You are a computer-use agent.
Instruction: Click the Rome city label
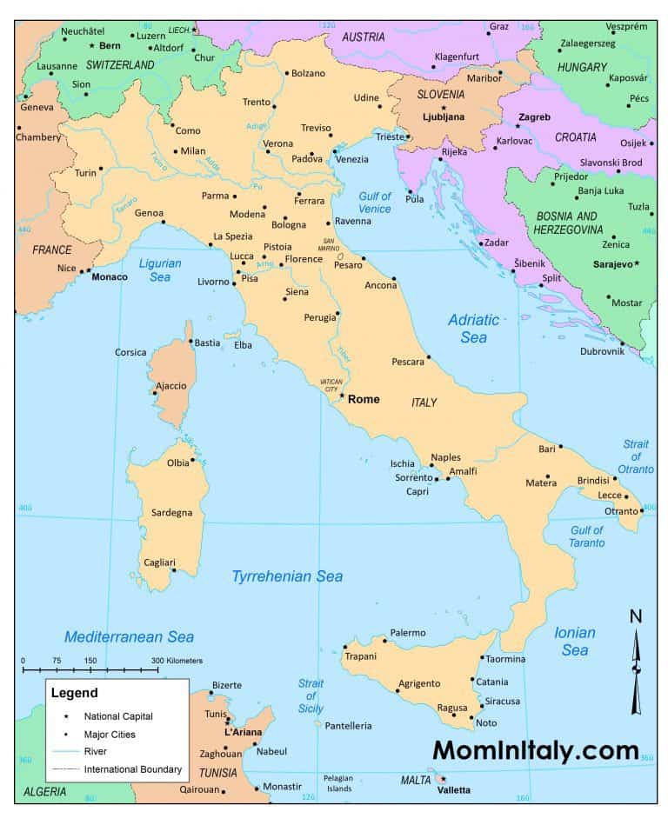pos(364,399)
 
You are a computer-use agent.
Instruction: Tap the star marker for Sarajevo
pos(637,263)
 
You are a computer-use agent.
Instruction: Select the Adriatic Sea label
pos(473,328)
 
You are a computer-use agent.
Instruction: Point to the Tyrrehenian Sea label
pos(287,576)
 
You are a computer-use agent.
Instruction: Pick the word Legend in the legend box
pos(74,693)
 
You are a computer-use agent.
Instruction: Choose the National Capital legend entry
pos(118,716)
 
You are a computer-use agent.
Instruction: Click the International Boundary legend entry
pos(133,768)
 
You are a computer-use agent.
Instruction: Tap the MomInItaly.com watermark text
pos(535,749)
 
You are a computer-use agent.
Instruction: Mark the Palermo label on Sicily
pos(408,633)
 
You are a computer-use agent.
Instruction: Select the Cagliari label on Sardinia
pos(159,562)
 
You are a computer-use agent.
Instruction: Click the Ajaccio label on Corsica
pos(170,385)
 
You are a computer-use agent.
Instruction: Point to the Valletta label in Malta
pos(452,789)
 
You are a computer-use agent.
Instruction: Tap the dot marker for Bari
pos(561,447)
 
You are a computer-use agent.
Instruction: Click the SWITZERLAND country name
pos(119,64)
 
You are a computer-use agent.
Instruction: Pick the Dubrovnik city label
pos(603,351)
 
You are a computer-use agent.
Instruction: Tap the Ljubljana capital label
pos(444,116)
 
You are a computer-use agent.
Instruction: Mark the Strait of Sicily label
pos(311,695)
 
